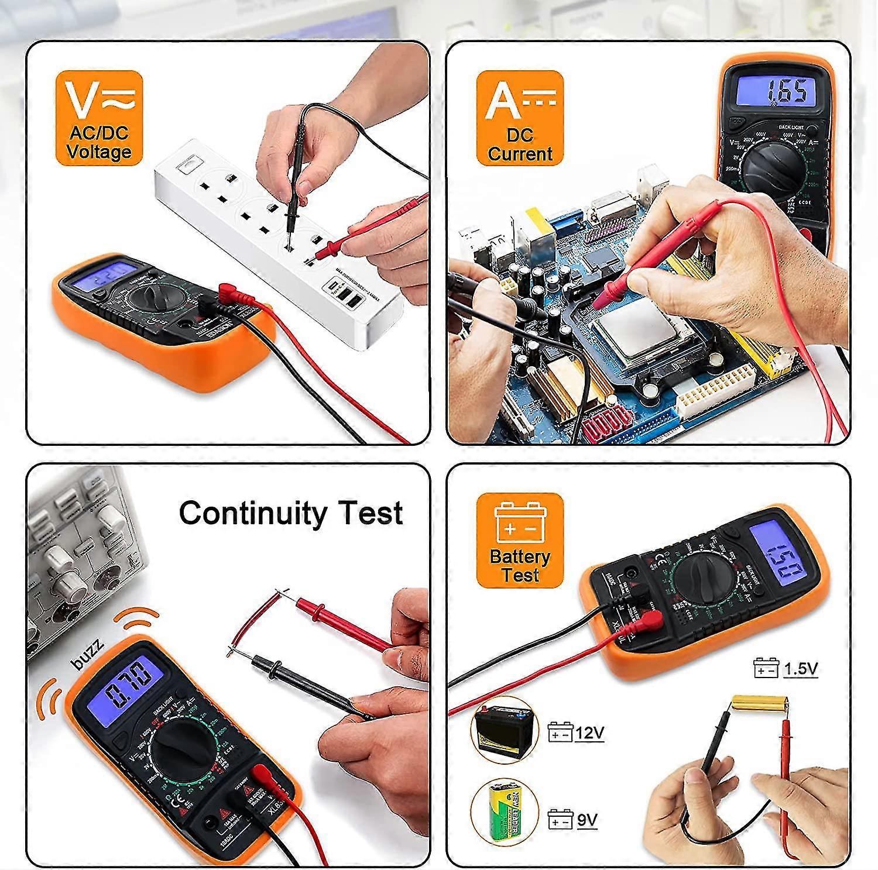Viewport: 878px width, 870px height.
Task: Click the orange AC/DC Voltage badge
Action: (x=100, y=118)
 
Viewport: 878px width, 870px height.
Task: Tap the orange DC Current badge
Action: (x=520, y=118)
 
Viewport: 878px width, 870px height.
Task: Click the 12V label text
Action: (x=589, y=733)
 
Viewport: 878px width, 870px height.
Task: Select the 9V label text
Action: (x=587, y=820)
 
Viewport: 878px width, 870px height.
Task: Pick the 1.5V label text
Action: (x=800, y=669)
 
